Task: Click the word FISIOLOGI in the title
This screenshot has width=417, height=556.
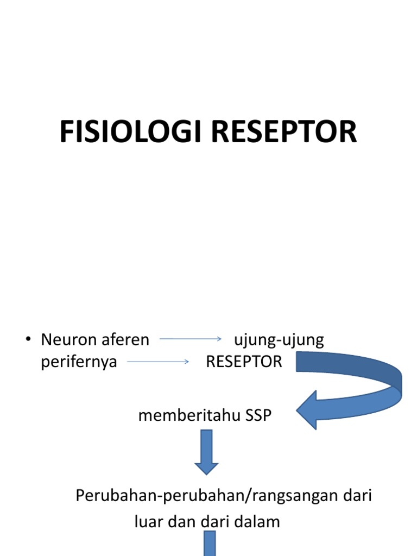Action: click(130, 132)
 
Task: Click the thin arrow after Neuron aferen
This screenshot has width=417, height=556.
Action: click(191, 339)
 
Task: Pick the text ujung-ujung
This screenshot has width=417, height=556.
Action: click(279, 340)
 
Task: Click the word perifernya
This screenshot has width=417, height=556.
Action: click(79, 362)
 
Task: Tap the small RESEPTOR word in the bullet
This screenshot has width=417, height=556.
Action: click(244, 362)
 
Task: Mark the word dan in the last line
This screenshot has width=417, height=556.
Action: click(181, 522)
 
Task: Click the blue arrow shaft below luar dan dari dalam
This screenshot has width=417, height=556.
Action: click(210, 544)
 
